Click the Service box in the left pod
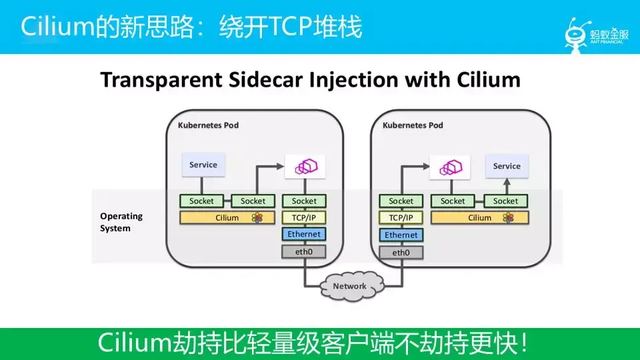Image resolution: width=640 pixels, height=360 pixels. [203, 165]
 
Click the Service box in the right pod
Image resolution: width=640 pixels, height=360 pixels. [507, 166]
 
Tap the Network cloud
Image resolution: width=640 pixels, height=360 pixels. [349, 286]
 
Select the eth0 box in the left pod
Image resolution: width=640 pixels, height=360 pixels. [304, 251]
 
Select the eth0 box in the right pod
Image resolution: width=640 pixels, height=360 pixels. [401, 253]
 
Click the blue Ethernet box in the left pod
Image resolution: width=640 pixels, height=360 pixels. [304, 234]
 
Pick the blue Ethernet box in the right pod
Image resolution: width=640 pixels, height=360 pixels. [401, 235]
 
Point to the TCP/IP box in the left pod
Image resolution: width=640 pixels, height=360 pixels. [304, 217]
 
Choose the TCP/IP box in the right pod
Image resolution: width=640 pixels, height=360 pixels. [401, 217]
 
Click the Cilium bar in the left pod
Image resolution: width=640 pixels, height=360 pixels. [227, 217]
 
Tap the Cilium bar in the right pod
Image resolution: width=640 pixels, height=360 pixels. [479, 217]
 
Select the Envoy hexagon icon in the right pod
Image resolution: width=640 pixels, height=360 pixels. [450, 167]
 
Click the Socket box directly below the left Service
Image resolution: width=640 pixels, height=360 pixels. [201, 201]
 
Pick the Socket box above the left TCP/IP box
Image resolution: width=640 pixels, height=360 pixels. [304, 201]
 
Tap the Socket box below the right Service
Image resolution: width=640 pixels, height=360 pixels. [505, 201]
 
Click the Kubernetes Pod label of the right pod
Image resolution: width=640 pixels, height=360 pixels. [413, 125]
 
